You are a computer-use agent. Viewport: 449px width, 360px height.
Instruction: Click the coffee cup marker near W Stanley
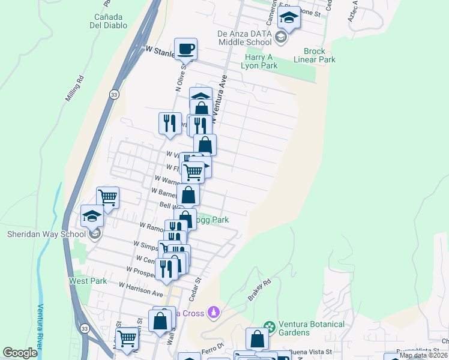[186, 49]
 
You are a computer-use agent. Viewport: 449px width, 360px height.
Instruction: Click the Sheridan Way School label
[46, 234]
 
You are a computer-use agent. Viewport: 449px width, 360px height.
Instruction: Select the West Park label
[88, 281]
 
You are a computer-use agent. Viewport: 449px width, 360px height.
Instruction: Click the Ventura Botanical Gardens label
[310, 328]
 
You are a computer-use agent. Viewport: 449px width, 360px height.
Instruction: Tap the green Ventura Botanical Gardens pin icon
[270, 327]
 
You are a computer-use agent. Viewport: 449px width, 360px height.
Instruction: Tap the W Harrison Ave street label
[141, 290]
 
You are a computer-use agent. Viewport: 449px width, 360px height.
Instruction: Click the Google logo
[20, 353]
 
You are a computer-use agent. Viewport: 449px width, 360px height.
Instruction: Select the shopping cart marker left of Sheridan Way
[108, 197]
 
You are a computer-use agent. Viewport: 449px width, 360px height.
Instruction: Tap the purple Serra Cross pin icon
[213, 312]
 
